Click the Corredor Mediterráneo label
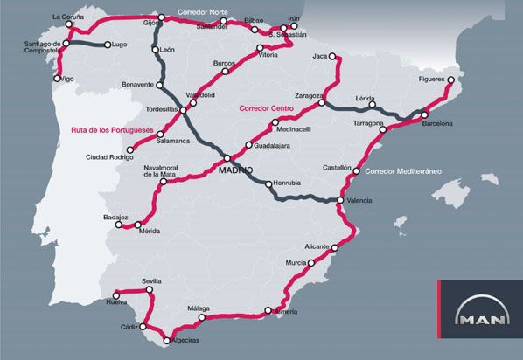401,170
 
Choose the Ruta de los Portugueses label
107,133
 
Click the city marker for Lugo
107,45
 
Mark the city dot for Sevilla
150,290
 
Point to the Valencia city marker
339,201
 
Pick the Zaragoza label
310,93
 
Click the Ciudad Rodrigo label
109,157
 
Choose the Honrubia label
288,183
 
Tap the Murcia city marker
310,262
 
